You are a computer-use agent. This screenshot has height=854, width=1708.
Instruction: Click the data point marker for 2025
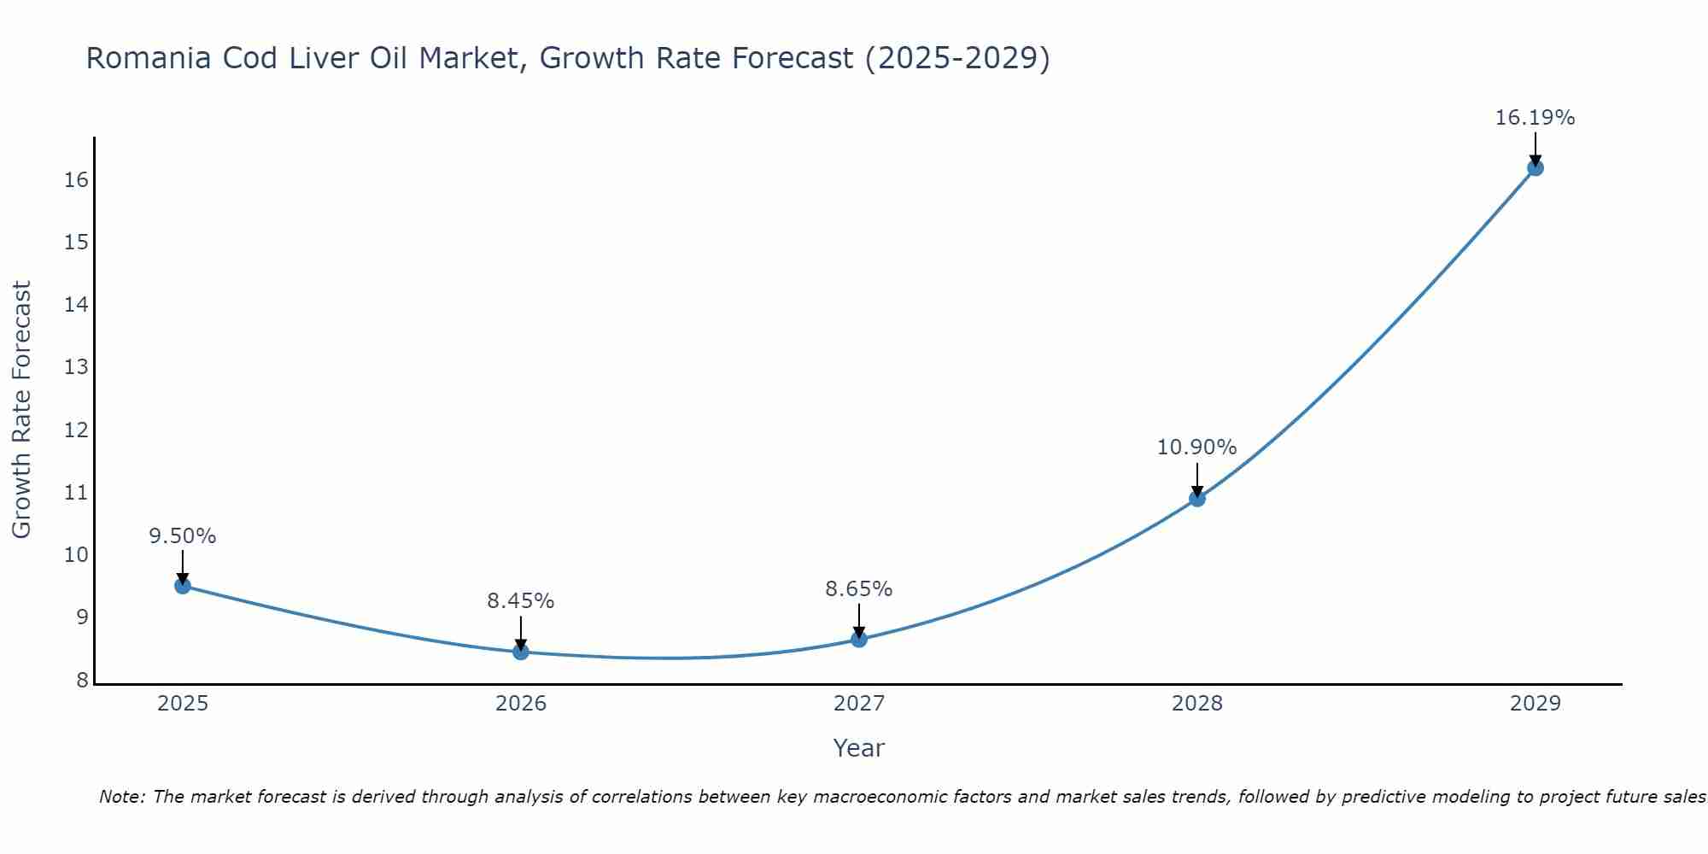[x=182, y=585]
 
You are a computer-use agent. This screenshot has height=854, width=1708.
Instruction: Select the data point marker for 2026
[x=521, y=652]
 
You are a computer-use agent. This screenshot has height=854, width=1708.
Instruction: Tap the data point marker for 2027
[x=859, y=639]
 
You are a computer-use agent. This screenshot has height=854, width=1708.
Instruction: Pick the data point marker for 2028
[x=1197, y=498]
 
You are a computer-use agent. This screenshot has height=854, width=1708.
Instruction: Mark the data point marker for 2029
[x=1535, y=167]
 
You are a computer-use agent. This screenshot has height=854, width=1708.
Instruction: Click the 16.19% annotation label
[x=1535, y=118]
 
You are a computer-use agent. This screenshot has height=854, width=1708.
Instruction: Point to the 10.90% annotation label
[x=1196, y=447]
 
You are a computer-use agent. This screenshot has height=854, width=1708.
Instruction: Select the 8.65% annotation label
[x=858, y=589]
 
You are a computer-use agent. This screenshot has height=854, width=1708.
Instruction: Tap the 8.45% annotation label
[x=520, y=601]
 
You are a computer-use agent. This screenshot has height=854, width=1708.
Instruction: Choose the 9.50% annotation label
[x=182, y=536]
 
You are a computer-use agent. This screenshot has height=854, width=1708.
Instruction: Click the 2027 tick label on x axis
[x=859, y=704]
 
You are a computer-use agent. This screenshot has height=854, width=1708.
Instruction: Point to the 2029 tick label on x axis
[x=1535, y=704]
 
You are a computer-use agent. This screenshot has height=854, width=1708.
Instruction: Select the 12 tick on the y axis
[x=77, y=430]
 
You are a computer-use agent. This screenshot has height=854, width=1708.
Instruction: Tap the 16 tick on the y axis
[x=77, y=179]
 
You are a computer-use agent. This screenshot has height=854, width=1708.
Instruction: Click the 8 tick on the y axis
[x=83, y=680]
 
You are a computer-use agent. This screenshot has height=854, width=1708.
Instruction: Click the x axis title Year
[x=858, y=748]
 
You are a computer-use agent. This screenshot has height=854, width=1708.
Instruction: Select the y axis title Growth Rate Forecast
[x=21, y=410]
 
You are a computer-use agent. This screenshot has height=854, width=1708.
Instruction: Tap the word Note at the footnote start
[x=122, y=797]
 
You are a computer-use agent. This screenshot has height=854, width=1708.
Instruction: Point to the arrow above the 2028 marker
[x=1197, y=478]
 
